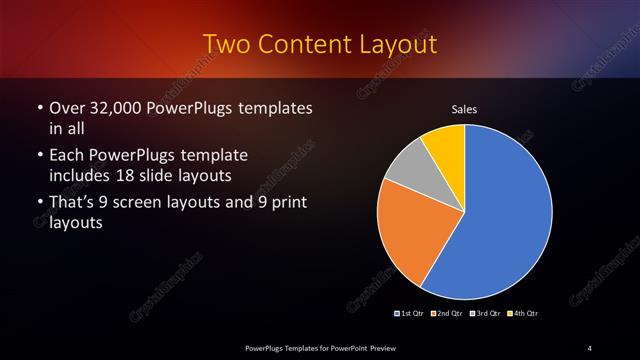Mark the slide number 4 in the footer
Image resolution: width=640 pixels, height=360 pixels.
click(x=590, y=347)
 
